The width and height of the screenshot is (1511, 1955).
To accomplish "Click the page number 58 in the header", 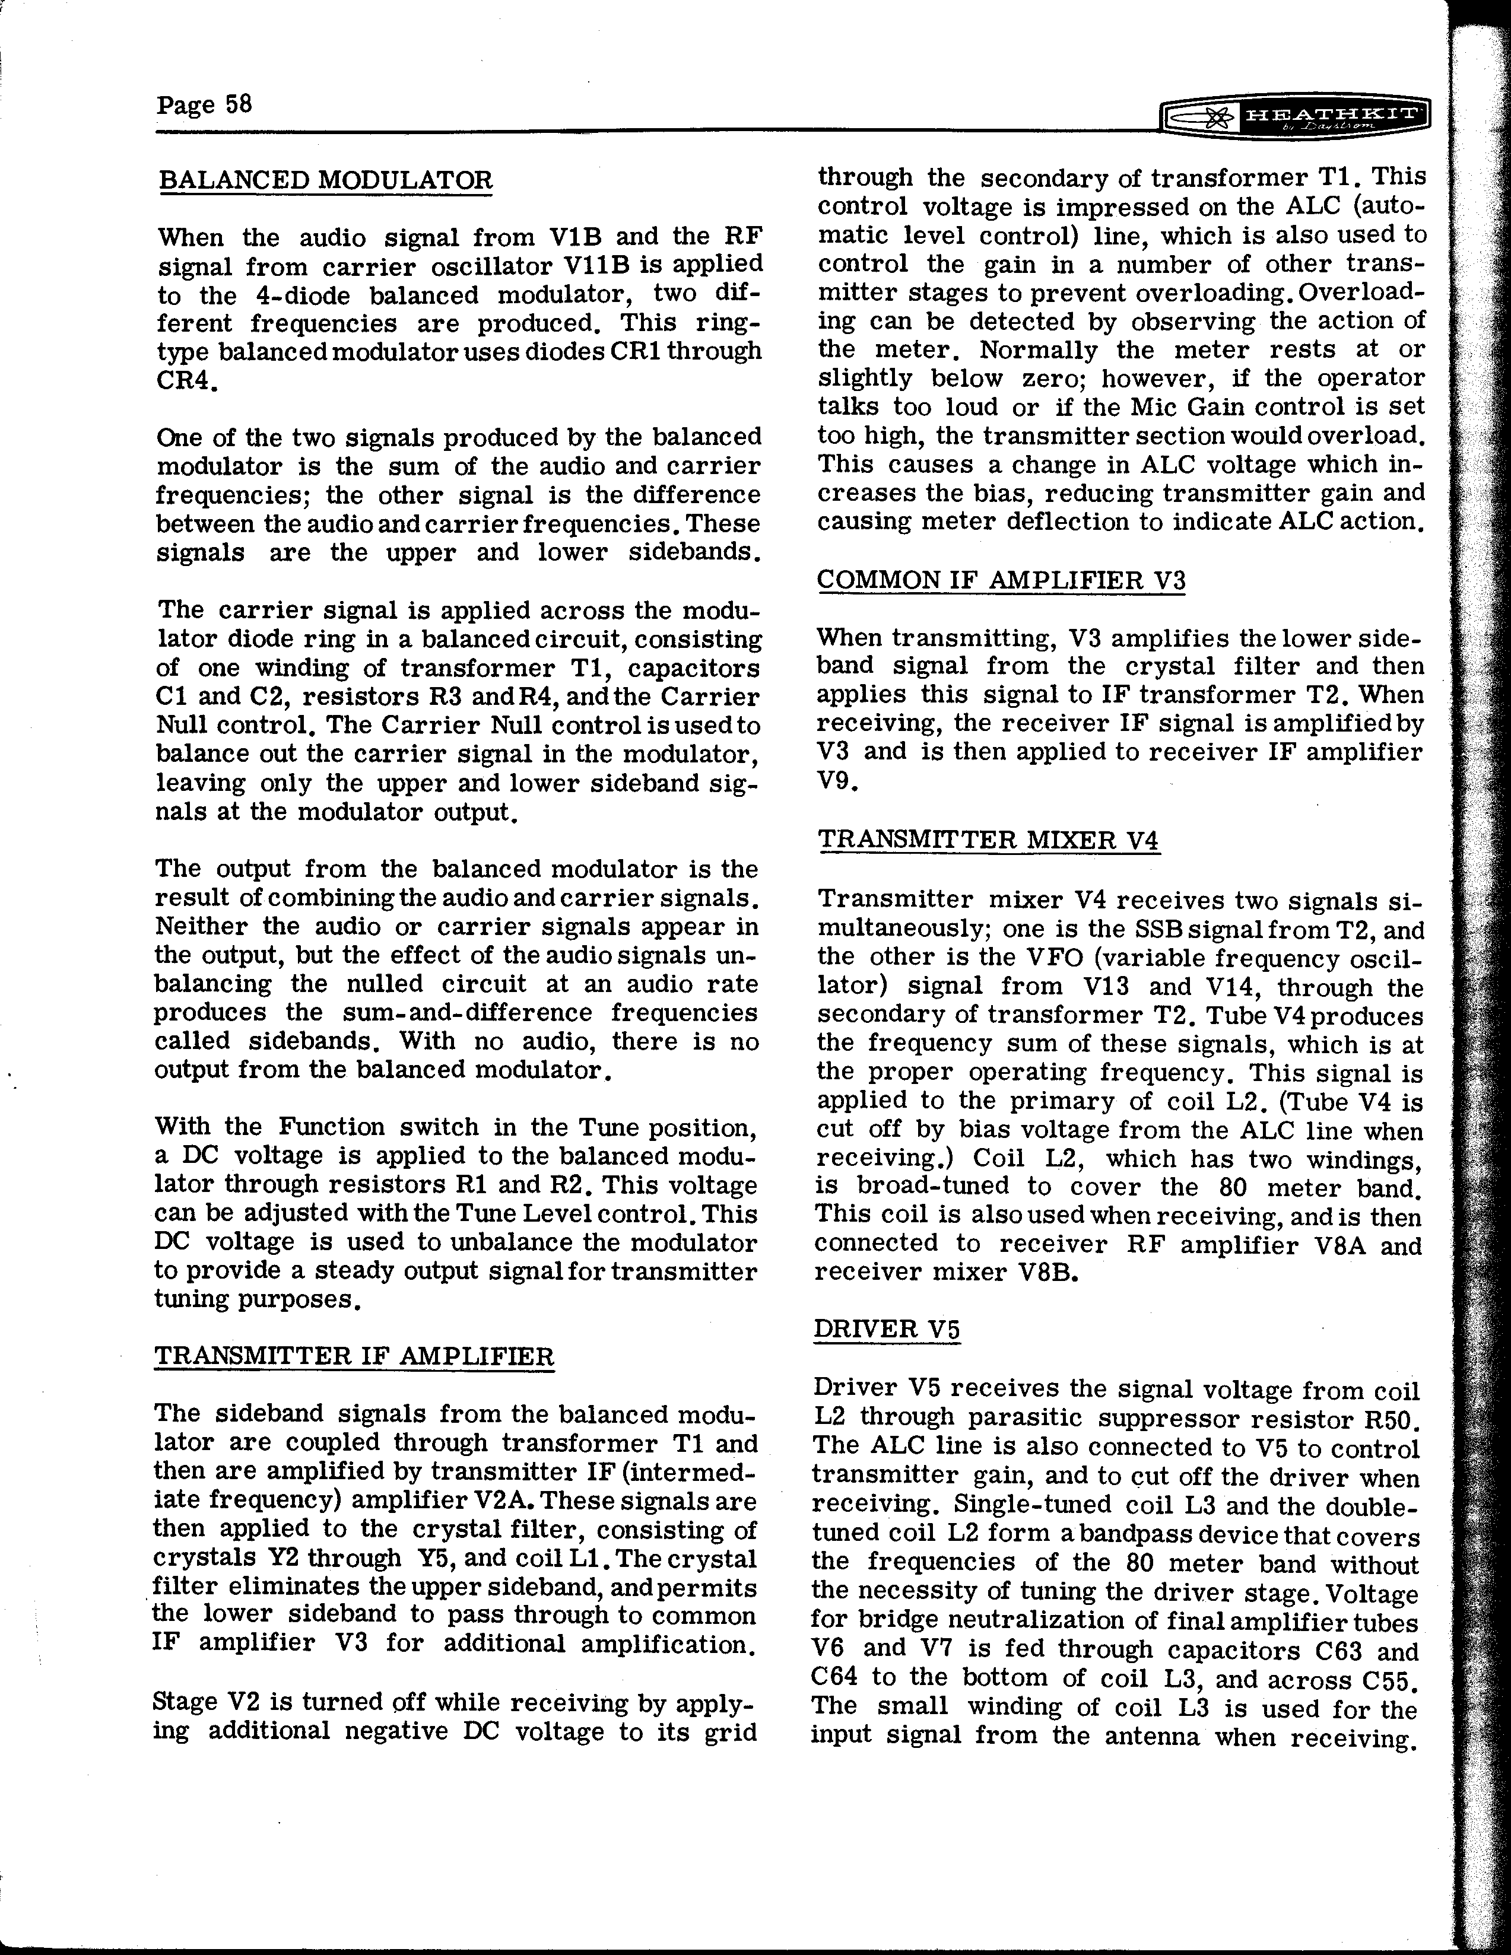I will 238,105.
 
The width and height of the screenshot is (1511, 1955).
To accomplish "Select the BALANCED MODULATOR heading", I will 325,179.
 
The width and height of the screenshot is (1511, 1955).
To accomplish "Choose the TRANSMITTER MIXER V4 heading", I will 989,841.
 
